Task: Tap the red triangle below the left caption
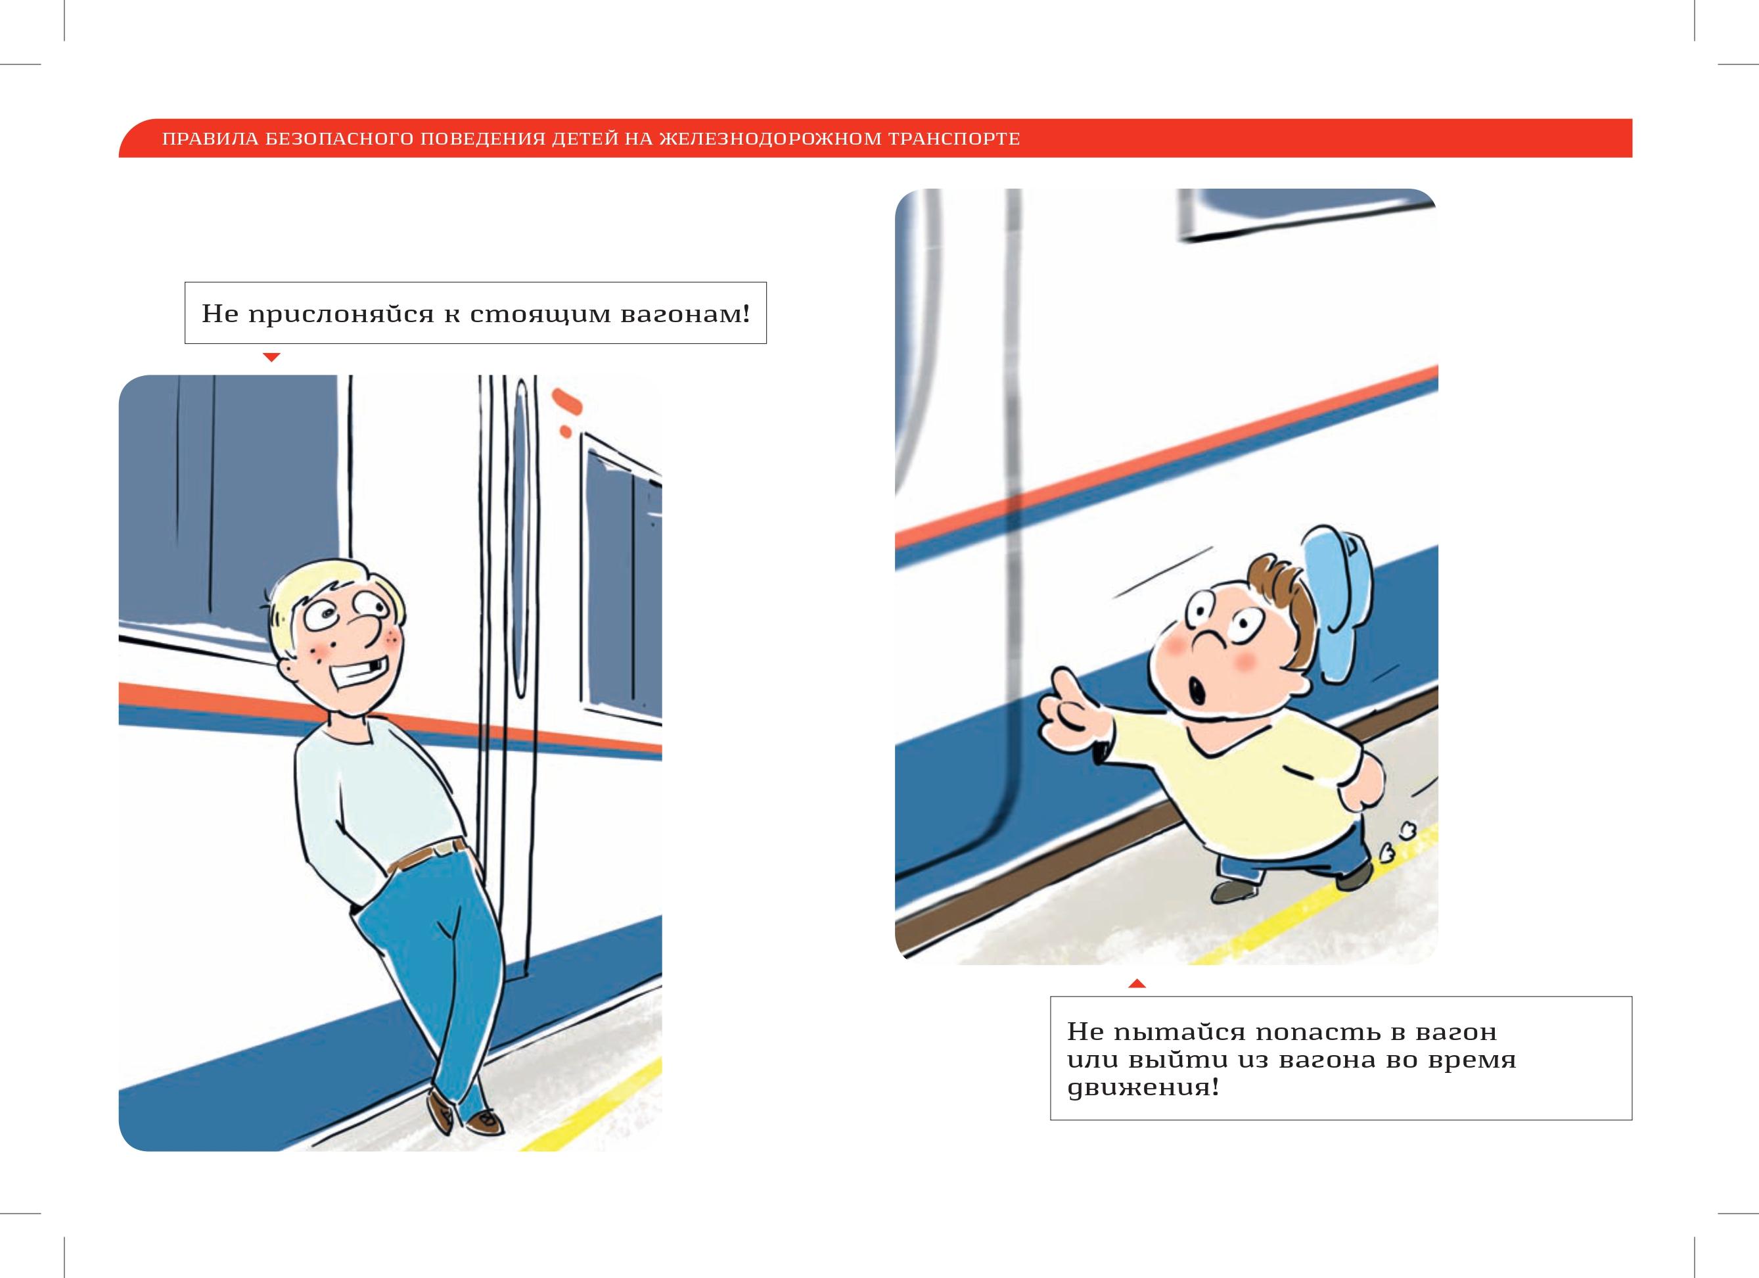click(271, 358)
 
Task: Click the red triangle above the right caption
click(1137, 983)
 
